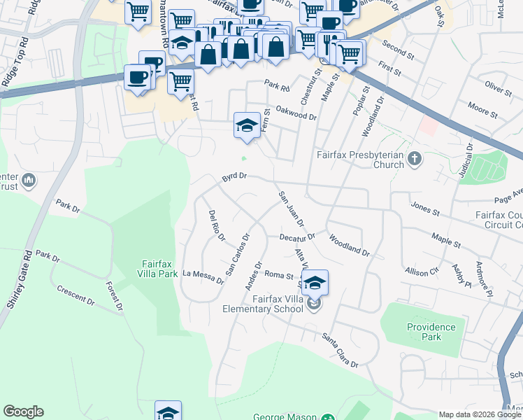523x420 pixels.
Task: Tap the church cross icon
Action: click(415, 159)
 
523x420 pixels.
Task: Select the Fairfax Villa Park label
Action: click(155, 269)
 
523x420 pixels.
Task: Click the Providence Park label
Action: click(431, 332)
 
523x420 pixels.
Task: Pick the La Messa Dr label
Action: click(203, 277)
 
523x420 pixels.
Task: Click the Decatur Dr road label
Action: click(299, 237)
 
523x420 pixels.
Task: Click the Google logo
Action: click(23, 412)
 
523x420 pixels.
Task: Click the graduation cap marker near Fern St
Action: click(246, 125)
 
